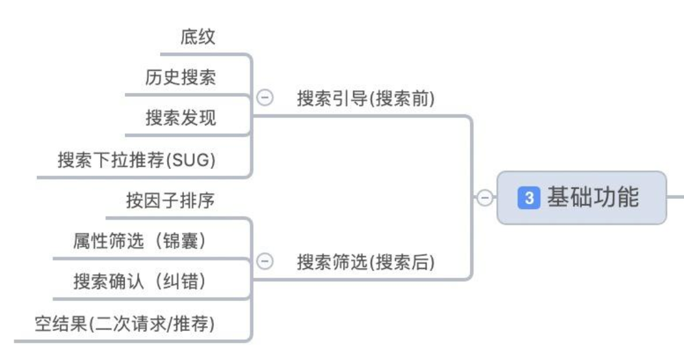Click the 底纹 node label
(198, 38)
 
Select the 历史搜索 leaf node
(180, 78)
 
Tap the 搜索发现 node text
(180, 118)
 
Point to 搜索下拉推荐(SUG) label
(136, 160)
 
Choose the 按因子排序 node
(170, 201)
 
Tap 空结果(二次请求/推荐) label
(124, 323)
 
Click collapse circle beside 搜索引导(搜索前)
(265, 98)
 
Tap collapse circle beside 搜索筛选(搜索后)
(265, 262)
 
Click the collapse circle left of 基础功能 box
(484, 198)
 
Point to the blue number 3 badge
(529, 198)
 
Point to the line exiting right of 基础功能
(676, 198)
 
